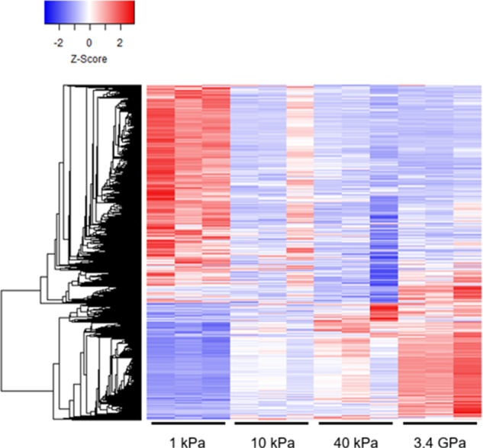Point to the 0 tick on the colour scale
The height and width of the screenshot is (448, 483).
point(89,44)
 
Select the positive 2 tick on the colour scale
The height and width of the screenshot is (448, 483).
point(119,44)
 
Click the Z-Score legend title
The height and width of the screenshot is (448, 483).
point(89,58)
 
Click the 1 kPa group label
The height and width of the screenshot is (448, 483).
point(188,440)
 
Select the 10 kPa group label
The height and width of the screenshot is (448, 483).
point(271,440)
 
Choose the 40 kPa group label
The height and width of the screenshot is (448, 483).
point(354,440)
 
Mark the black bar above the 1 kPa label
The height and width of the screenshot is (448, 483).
point(188,421)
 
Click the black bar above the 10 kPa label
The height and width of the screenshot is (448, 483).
point(271,421)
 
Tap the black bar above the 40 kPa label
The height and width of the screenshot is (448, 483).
point(354,421)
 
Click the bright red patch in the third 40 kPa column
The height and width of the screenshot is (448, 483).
point(383,311)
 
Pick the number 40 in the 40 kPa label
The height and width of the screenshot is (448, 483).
point(343,440)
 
